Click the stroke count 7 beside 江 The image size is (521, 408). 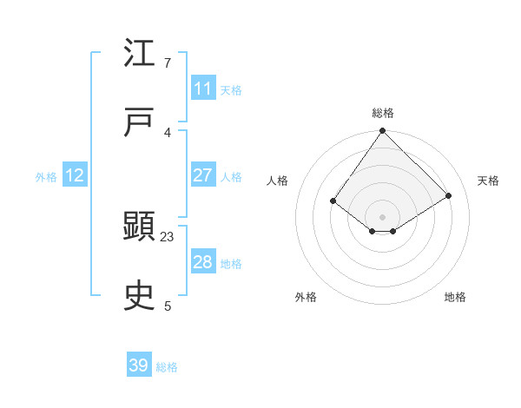(168, 63)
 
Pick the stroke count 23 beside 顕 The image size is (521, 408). (168, 236)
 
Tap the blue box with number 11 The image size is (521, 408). (203, 89)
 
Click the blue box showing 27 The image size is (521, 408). (203, 175)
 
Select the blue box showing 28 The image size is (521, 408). (203, 262)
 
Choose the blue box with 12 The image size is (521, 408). (75, 175)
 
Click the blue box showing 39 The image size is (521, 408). (139, 365)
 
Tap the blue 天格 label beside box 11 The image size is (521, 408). (231, 89)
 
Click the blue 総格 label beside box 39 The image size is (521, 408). (167, 367)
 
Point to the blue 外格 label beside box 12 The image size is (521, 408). (46, 177)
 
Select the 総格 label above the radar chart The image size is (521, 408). (383, 113)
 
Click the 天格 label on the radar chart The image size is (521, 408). (488, 181)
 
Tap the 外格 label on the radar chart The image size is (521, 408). (306, 297)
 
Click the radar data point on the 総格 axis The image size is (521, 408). (383, 132)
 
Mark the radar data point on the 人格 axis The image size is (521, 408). (333, 201)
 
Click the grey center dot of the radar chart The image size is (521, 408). (383, 216)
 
